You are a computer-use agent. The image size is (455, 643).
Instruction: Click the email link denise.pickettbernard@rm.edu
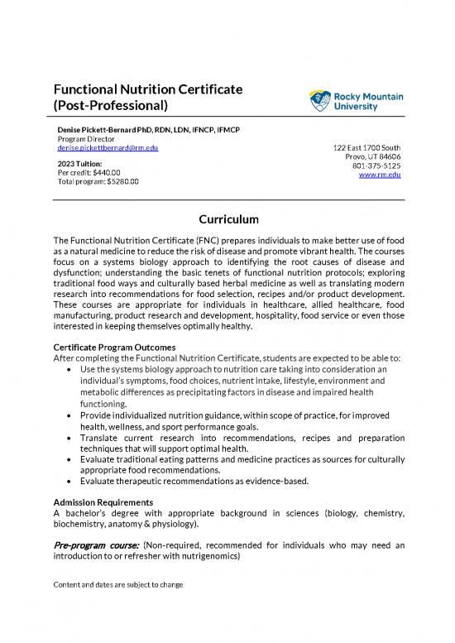[108, 147]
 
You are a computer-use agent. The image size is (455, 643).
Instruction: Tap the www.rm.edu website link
[385, 174]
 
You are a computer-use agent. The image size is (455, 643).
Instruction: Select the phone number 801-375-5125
[376, 165]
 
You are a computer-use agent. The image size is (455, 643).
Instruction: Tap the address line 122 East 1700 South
[366, 147]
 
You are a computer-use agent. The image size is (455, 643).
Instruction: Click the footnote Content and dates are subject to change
[117, 584]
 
